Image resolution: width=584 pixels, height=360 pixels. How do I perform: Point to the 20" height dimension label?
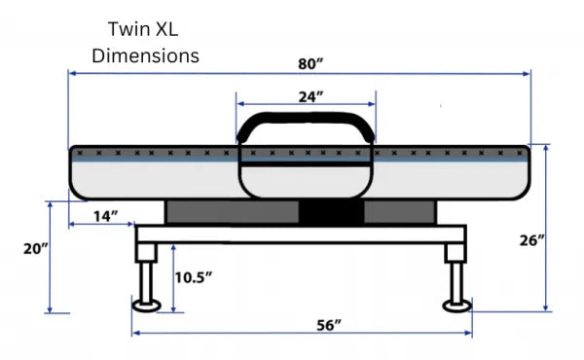34,249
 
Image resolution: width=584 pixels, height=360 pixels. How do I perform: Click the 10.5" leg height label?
195,276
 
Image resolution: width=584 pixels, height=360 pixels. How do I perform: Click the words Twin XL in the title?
146,29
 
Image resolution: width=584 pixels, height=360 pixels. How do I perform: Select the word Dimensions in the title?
146,55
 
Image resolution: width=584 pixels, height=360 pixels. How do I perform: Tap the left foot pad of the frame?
148,307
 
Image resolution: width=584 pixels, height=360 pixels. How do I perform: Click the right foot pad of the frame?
456,307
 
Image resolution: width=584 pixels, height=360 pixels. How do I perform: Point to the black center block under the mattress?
330,211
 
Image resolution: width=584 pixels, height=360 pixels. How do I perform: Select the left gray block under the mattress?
231,211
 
